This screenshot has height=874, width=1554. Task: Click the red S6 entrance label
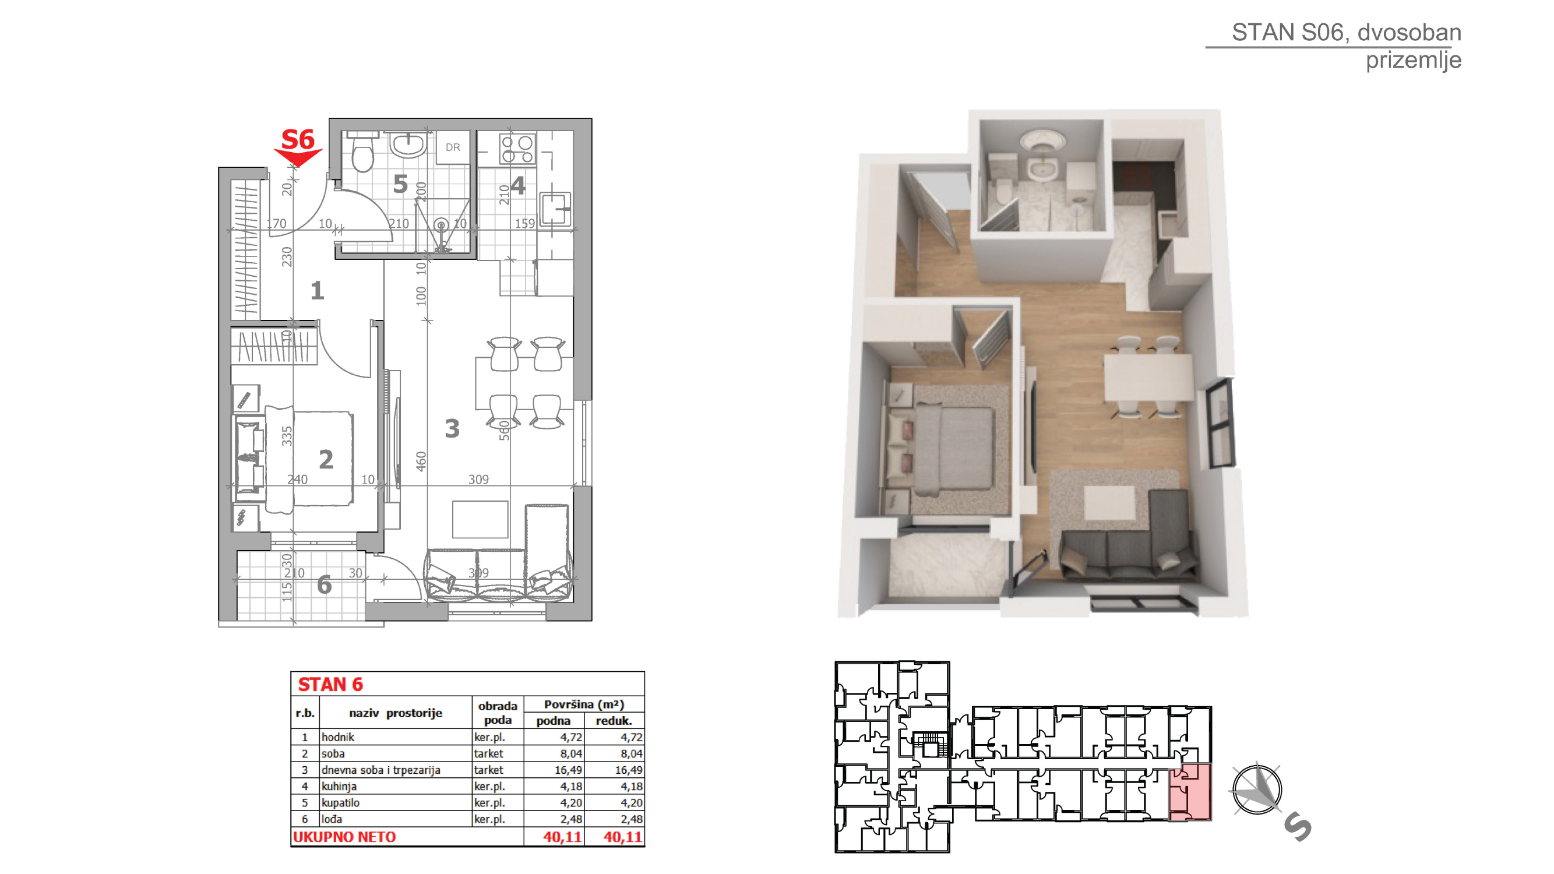click(x=298, y=140)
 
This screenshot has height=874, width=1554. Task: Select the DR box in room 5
click(x=452, y=147)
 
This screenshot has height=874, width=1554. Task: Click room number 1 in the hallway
click(x=318, y=291)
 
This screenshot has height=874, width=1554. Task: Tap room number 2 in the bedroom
click(x=326, y=460)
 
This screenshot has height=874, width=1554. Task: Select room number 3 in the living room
click(x=452, y=429)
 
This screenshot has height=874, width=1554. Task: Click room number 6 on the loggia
click(x=324, y=584)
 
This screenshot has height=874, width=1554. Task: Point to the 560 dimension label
click(x=505, y=431)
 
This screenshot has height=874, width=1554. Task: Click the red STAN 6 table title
click(x=330, y=685)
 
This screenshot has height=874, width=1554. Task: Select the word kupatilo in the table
click(x=340, y=803)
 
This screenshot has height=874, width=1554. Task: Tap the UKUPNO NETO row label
click(x=344, y=837)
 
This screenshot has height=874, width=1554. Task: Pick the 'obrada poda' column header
click(x=498, y=713)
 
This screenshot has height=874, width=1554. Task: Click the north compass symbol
click(x=1257, y=790)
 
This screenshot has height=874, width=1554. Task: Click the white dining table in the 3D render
click(x=1148, y=377)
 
